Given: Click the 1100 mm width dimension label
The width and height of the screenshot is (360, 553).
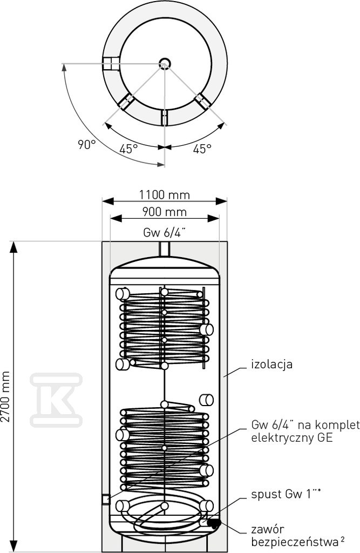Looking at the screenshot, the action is [164, 194].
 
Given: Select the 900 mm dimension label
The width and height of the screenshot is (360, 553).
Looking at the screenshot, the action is [164, 212].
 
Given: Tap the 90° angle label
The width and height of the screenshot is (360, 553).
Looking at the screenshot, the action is [87, 144].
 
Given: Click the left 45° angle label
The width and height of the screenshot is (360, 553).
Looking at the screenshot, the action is [128, 149].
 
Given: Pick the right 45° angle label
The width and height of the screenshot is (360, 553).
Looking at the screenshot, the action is [202, 149].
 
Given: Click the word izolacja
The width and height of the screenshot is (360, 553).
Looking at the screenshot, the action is [271, 364].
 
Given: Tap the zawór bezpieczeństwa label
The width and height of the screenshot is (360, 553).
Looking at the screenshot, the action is [298, 535].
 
